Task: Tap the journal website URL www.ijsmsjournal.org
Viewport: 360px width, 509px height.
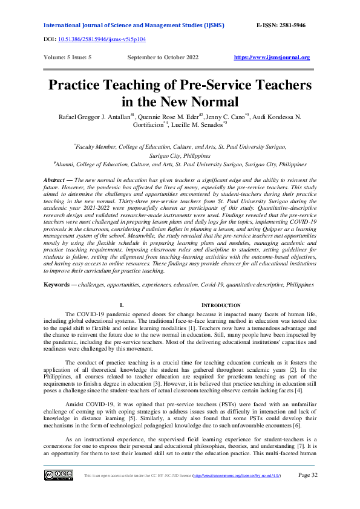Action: pyautogui.click(x=272, y=57)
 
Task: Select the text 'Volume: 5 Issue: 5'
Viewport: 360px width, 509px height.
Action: pyautogui.click(x=68, y=57)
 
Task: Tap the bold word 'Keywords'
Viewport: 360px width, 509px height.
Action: pyautogui.click(x=58, y=284)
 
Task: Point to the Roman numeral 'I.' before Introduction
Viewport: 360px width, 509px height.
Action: pyautogui.click(x=122, y=305)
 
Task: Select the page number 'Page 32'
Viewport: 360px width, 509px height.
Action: pyautogui.click(x=308, y=475)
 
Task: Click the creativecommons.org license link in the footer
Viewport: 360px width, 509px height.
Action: pyautogui.click(x=241, y=476)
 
